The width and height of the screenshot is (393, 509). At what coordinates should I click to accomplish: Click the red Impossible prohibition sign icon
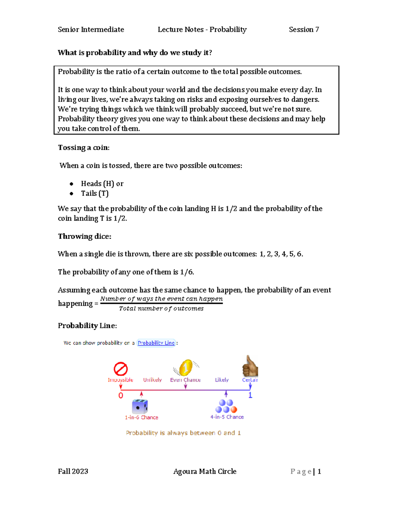[x=121, y=369]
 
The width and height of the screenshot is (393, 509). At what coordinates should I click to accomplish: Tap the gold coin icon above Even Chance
[x=186, y=367]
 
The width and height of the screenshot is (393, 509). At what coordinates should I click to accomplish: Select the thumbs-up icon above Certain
[x=250, y=366]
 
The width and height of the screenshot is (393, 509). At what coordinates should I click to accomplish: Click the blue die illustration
[x=140, y=407]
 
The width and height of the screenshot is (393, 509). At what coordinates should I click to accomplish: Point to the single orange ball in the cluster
[x=234, y=409]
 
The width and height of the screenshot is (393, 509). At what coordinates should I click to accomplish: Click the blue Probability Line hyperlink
[x=156, y=343]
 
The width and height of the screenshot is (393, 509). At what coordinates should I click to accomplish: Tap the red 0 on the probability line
[x=121, y=396]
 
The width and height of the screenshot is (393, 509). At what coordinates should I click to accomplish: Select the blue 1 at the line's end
[x=250, y=395]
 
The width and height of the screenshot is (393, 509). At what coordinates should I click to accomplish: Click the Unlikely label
[x=152, y=380]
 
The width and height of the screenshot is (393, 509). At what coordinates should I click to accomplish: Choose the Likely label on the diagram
[x=222, y=380]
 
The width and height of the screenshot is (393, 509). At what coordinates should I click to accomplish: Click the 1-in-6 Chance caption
[x=141, y=417]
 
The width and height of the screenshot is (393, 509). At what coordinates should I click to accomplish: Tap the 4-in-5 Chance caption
[x=227, y=417]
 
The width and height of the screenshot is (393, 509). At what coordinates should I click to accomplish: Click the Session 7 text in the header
[x=304, y=29]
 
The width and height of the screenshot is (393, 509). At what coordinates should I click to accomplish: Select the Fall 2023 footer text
[x=73, y=471]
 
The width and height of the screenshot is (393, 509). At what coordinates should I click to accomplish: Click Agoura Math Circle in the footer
[x=205, y=471]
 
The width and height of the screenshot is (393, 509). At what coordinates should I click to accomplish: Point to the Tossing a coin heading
[x=84, y=147]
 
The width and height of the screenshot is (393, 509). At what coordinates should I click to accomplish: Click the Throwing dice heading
[x=84, y=236]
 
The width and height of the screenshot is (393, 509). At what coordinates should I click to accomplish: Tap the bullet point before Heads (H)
[x=71, y=184]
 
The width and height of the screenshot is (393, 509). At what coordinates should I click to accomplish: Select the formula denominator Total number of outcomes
[x=161, y=308]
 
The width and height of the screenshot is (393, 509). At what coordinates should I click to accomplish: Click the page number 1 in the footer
[x=319, y=471]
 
